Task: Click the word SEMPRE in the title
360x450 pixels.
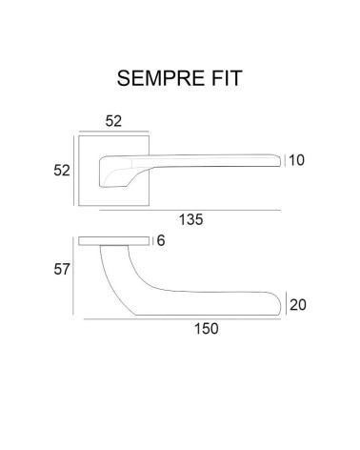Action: (161, 78)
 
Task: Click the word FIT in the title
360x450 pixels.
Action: (227, 78)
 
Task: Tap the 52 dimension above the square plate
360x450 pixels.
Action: (113, 121)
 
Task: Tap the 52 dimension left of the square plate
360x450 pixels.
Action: (62, 171)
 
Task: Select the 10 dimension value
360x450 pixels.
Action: (296, 160)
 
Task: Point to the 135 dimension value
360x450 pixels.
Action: (190, 219)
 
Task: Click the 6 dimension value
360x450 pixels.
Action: (161, 240)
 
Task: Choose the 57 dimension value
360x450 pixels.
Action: (62, 270)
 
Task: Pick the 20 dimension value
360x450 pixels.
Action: (298, 305)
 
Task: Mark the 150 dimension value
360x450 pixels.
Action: (207, 329)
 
